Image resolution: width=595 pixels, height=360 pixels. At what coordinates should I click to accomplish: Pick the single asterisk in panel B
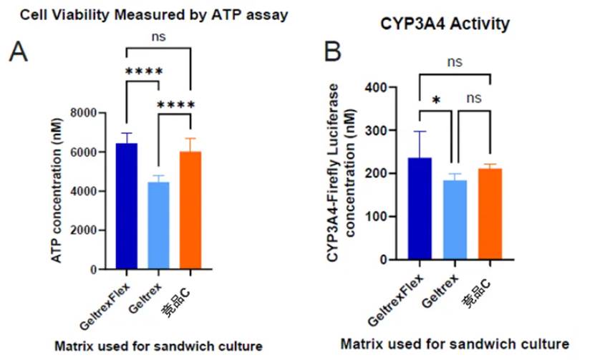(435, 99)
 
